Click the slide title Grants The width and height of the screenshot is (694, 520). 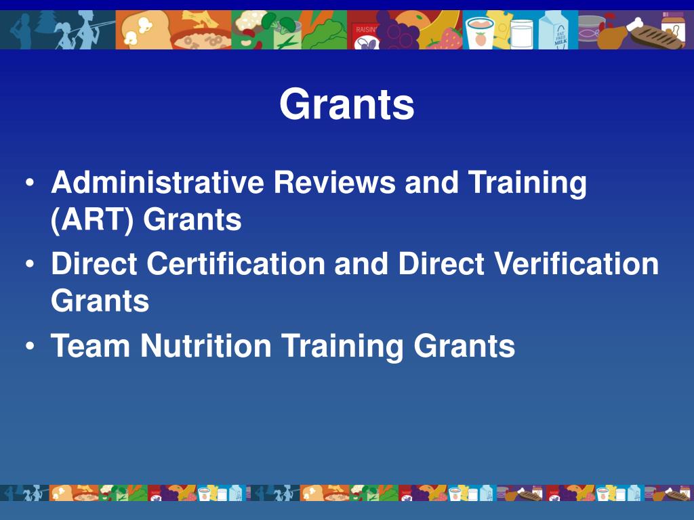[x=346, y=105]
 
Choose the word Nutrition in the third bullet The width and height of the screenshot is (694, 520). [x=205, y=345]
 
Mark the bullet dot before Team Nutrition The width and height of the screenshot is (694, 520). [x=31, y=346]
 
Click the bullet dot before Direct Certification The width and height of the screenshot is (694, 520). [x=31, y=265]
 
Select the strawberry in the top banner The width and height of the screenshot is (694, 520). [x=451, y=38]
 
